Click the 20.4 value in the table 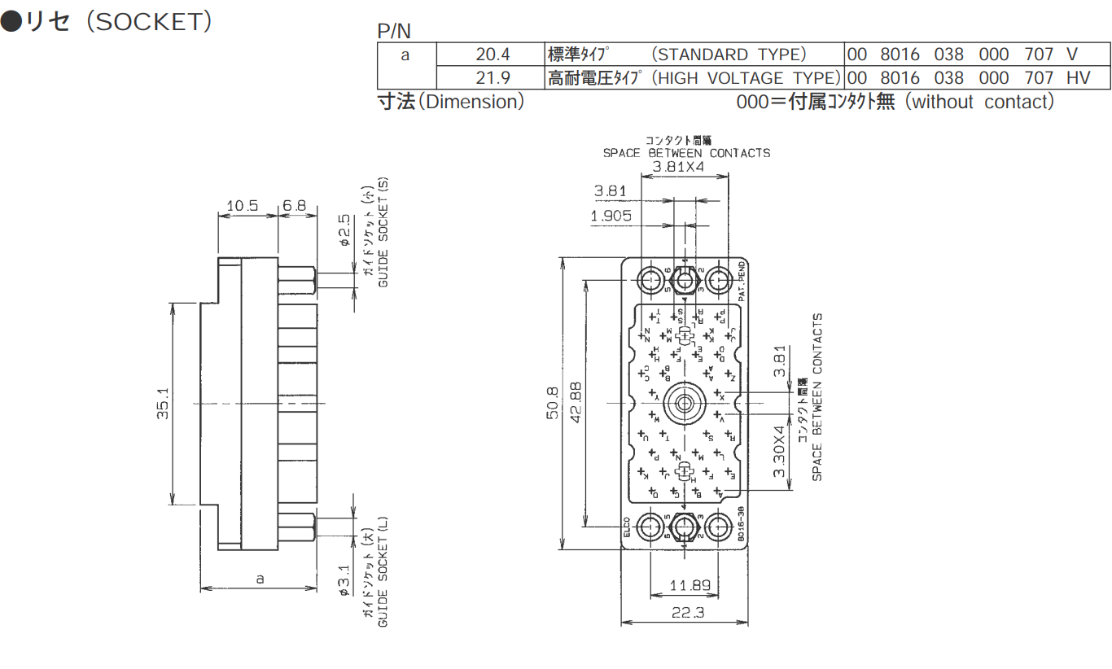[x=493, y=55]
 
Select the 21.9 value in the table [x=493, y=78]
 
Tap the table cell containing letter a [x=406, y=55]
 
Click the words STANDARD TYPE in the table [x=730, y=55]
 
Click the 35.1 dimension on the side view [x=162, y=404]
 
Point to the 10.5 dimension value [x=242, y=206]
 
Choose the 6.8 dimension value [x=294, y=206]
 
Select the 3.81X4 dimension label [x=677, y=167]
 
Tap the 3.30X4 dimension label [x=779, y=451]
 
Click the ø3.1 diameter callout [x=344, y=581]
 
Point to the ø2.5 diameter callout [x=344, y=230]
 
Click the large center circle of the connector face [x=684, y=403]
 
